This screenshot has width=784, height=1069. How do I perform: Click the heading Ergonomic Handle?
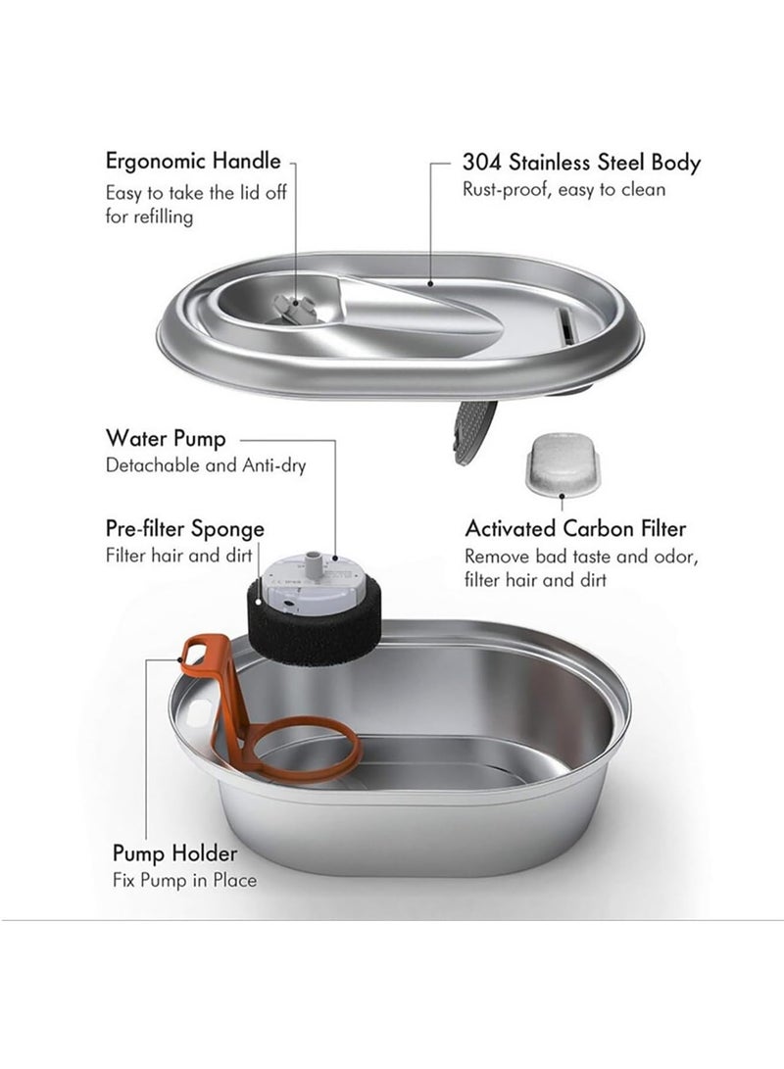coord(193,161)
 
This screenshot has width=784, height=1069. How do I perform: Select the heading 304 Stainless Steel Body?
coord(581,162)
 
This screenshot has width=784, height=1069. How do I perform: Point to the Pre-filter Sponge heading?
coord(185,529)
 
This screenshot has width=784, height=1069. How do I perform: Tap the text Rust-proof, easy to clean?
coord(563,189)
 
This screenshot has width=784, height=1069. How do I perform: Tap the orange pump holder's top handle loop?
coord(200,649)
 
